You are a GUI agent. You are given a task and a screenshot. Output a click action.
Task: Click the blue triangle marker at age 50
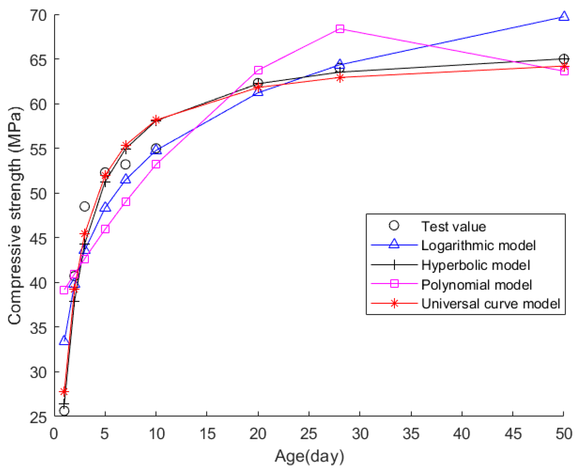click(x=564, y=16)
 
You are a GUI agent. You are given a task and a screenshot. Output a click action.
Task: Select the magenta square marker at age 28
click(x=340, y=29)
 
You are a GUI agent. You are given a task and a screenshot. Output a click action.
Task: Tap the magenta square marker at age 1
click(x=64, y=290)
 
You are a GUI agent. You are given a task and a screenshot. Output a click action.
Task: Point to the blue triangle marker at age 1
click(x=64, y=341)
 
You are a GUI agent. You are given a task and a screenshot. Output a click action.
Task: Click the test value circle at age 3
click(x=85, y=206)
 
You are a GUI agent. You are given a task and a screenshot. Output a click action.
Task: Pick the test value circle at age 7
click(x=125, y=164)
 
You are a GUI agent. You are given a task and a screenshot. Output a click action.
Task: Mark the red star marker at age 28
click(x=340, y=78)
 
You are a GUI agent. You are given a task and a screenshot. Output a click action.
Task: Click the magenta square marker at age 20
click(x=258, y=70)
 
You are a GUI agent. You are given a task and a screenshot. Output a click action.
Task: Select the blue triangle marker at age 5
click(x=105, y=207)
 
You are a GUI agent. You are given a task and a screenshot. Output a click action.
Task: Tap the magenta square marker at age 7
click(x=126, y=202)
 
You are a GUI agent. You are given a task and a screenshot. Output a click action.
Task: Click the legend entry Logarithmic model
click(x=478, y=245)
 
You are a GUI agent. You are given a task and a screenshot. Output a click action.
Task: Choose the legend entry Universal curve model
click(x=490, y=304)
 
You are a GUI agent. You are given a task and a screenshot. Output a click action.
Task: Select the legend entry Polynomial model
click(x=476, y=285)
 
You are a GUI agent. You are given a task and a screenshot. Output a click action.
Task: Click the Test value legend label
click(x=453, y=226)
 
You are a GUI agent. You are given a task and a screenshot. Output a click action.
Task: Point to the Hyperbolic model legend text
click(x=475, y=265)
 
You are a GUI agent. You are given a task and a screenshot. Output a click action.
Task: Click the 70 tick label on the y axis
click(x=38, y=15)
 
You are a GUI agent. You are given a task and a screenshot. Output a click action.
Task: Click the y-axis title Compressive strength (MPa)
click(x=15, y=215)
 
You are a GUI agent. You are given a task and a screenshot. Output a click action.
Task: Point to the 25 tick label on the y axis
click(x=38, y=417)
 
